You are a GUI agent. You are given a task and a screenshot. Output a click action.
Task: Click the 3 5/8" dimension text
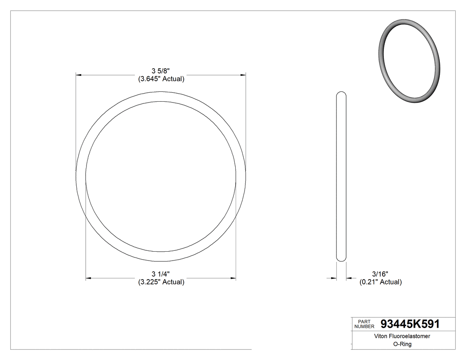(161, 71)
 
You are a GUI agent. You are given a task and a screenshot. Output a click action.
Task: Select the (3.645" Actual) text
(161, 79)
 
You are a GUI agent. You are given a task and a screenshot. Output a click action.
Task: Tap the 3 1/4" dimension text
(161, 274)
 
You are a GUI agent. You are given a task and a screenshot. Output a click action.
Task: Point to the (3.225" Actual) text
(161, 282)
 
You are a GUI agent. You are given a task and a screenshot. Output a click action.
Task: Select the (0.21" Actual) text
(380, 282)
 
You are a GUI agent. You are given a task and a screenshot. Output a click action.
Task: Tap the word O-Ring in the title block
(403, 344)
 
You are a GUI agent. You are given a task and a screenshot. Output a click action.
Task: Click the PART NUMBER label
(364, 324)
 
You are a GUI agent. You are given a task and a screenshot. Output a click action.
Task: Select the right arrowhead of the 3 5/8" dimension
(243, 75)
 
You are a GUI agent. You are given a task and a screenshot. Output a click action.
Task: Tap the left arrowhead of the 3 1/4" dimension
(88, 278)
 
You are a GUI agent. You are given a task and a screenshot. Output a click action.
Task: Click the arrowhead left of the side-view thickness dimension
(334, 278)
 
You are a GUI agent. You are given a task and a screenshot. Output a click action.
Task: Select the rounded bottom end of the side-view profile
(341, 259)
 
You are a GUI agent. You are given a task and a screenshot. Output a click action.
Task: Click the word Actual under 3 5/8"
(173, 79)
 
